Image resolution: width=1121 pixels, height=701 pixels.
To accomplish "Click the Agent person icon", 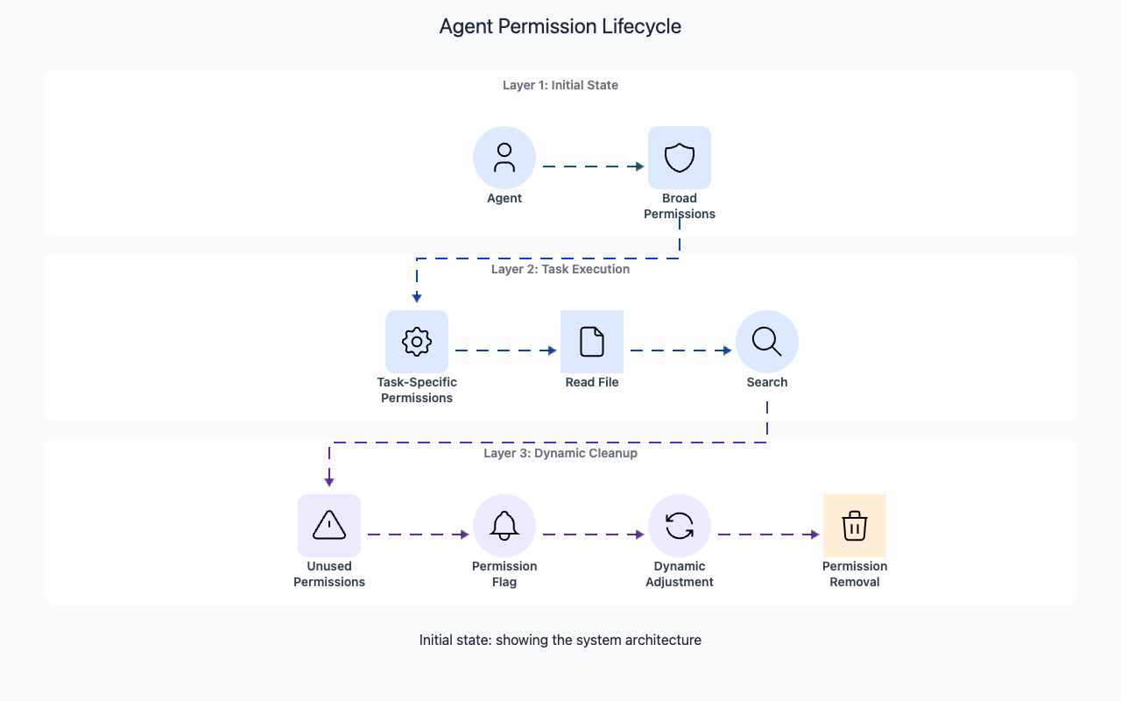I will point(504,158).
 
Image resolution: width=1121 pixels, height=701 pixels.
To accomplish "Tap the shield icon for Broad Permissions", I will point(680,158).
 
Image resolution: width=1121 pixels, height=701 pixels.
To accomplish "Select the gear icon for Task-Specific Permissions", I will point(417,342).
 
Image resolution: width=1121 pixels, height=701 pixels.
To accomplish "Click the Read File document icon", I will point(592,342).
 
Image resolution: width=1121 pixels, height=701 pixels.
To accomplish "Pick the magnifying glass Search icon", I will point(767,342).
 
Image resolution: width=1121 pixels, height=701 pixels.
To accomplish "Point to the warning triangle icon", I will point(329,526).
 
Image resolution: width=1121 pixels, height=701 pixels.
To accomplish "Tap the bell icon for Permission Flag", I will point(504,526).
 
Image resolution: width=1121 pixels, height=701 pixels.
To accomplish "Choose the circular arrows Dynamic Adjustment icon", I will point(680,526).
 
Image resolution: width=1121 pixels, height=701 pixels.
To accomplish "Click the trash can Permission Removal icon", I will point(855,526).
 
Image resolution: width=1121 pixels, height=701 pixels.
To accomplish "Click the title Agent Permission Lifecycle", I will point(560,26).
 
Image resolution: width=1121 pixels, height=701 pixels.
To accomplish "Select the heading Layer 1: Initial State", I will point(560,85).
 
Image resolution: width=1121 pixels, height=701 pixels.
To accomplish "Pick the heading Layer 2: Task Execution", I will point(560,269).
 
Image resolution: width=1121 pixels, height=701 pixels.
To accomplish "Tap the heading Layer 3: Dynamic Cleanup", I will point(560,453).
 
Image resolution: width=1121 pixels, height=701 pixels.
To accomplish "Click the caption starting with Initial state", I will point(560,640).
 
